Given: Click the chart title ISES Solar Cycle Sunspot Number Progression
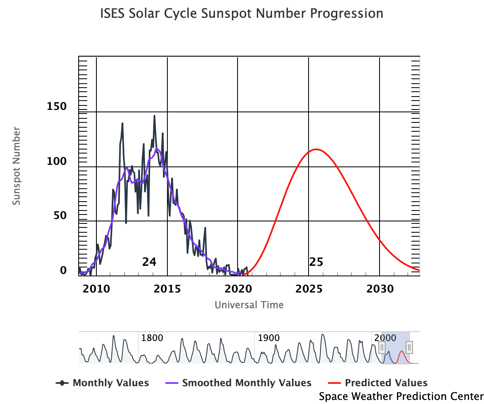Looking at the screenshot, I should point(242,14).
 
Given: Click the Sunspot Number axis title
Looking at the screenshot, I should point(16,166).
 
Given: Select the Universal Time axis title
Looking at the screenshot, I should point(249,305).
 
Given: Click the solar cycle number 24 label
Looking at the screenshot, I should point(149,262).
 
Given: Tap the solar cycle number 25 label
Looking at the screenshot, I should point(316,262).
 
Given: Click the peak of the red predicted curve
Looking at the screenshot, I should point(316,149).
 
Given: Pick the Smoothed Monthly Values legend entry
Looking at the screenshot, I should point(238,383).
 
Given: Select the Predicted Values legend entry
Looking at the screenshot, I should point(380,383).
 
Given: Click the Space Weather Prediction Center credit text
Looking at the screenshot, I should point(401,396).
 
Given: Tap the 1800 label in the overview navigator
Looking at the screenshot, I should point(152,338).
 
